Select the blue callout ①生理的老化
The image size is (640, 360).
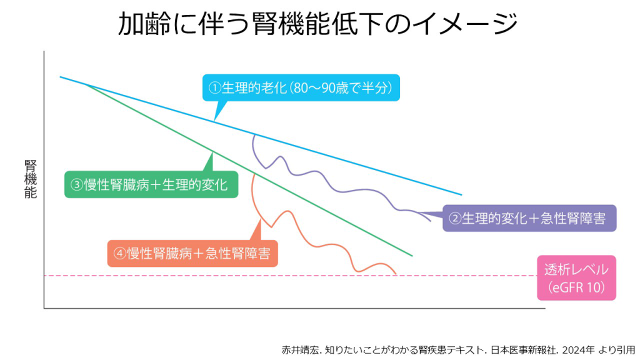pyautogui.click(x=301, y=88)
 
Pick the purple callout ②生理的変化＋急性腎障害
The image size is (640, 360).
pyautogui.click(x=529, y=219)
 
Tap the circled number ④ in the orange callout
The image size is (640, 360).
pyautogui.click(x=120, y=254)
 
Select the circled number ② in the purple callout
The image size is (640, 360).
pyautogui.click(x=456, y=219)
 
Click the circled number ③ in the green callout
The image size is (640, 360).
pyautogui.click(x=77, y=184)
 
